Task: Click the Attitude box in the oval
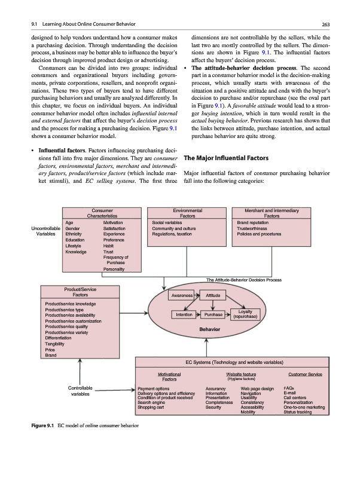coord(213,295)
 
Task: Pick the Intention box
coord(184,314)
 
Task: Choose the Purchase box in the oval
coord(213,314)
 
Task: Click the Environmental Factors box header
coord(187,213)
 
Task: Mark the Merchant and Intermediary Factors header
coord(271,213)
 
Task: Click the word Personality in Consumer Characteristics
coord(114,269)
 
